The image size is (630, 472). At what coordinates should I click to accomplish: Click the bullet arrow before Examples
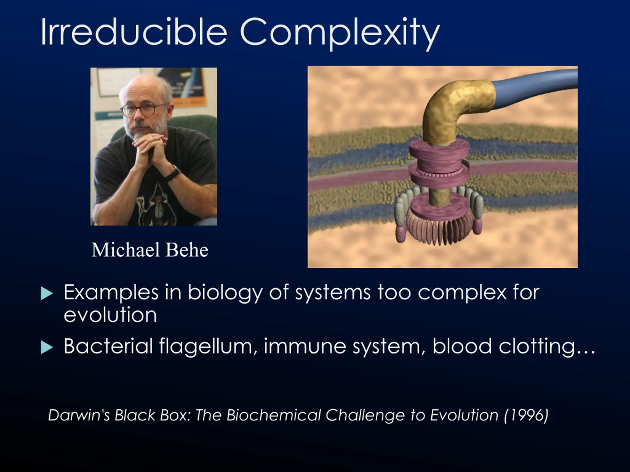point(47,293)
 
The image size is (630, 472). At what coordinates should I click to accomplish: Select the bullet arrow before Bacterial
point(47,347)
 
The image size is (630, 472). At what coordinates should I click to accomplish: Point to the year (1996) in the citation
point(526,415)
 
